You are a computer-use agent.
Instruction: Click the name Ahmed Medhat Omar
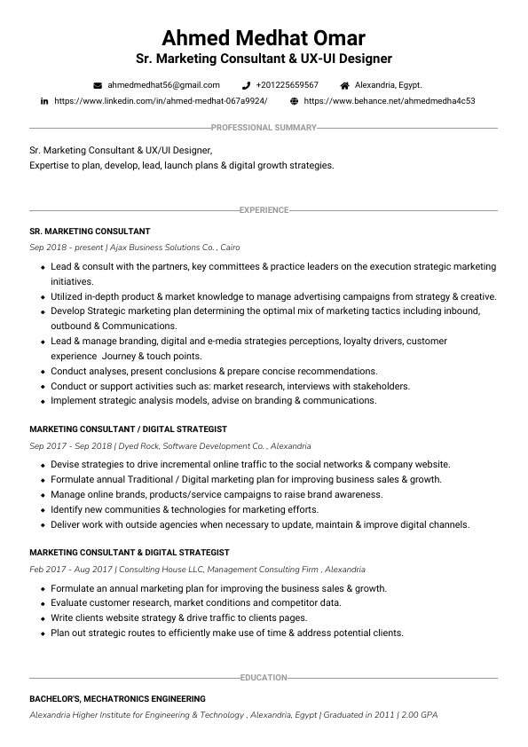[264, 38]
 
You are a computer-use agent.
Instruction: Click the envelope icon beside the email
[98, 85]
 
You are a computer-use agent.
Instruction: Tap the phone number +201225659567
[287, 85]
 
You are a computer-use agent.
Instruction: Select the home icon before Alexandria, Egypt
[344, 85]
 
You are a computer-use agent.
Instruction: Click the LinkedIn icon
[44, 101]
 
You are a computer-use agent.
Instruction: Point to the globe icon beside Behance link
[294, 101]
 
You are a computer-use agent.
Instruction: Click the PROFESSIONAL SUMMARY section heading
[264, 128]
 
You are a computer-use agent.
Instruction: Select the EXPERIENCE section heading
[264, 210]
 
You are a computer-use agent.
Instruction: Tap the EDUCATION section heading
[264, 678]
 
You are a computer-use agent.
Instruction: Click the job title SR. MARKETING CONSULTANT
[90, 231]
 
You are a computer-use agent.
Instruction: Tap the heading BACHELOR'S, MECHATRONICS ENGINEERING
[117, 698]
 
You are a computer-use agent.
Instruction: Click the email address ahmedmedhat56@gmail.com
[163, 85]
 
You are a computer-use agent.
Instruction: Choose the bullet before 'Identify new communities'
[42, 510]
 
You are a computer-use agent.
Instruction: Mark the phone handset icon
[246, 85]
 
